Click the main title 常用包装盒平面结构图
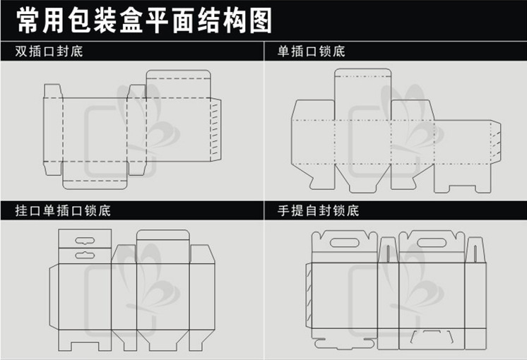[144, 21]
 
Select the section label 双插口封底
[49, 52]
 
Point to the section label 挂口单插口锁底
[63, 210]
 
